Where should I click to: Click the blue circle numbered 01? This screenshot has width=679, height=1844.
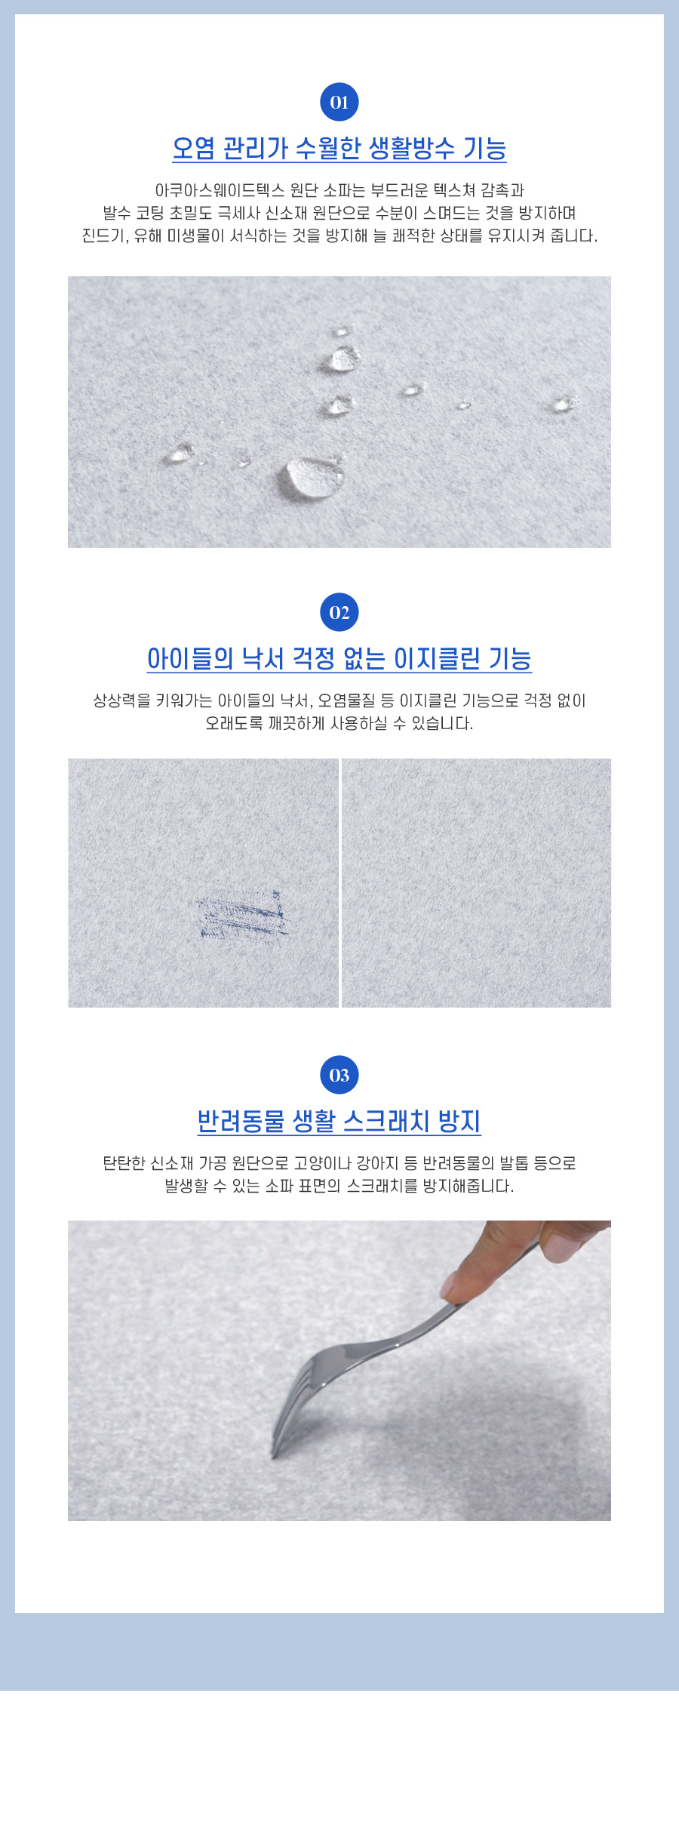coord(339,102)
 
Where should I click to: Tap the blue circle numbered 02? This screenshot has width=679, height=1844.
coord(339,612)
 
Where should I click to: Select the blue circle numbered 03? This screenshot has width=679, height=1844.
coord(339,1075)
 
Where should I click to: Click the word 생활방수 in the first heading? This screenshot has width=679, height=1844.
coord(411,148)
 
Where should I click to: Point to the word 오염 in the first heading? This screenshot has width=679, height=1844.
coord(194,148)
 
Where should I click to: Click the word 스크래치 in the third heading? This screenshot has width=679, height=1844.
coord(386,1121)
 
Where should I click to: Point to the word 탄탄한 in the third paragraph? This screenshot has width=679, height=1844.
coord(124,1163)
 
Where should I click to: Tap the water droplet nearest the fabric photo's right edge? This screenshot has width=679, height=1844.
coord(563,404)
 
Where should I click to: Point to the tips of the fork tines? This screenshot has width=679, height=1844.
coord(274,1454)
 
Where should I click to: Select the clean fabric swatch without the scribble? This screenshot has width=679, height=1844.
coord(477,883)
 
